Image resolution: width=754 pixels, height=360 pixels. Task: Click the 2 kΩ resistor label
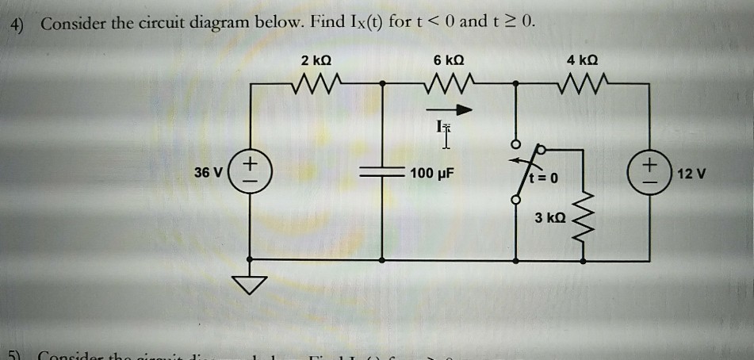click(x=316, y=59)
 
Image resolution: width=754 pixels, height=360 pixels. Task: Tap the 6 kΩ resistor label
click(x=449, y=59)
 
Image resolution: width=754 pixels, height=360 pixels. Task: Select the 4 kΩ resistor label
click(x=584, y=59)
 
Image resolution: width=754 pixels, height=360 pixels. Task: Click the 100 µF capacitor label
click(x=432, y=174)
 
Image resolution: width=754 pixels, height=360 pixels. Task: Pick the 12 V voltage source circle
click(x=653, y=172)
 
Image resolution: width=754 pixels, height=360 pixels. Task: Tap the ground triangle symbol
click(x=250, y=284)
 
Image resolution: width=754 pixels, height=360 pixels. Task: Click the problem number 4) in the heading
click(x=18, y=23)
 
